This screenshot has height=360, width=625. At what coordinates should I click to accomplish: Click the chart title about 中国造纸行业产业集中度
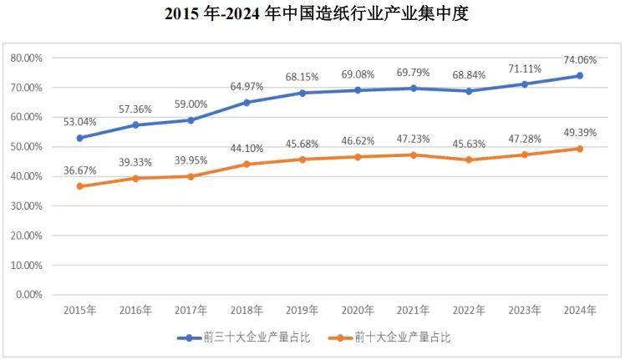(x=312, y=13)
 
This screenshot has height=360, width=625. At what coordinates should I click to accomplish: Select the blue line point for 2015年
(x=80, y=138)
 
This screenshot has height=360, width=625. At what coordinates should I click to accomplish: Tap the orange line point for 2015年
(x=80, y=186)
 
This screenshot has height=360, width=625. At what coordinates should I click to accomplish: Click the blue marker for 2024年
(x=579, y=76)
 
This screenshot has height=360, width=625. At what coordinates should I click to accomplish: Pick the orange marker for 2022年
(x=469, y=160)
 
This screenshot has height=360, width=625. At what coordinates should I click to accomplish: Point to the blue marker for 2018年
(x=246, y=103)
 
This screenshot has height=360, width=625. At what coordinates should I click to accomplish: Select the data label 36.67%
(x=80, y=170)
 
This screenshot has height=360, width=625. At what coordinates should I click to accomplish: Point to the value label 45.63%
(x=470, y=143)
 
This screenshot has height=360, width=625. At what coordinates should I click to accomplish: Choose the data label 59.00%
(x=191, y=104)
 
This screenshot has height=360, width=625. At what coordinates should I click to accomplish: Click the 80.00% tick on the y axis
(x=27, y=58)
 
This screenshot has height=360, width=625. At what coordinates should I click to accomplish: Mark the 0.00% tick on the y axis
(x=29, y=295)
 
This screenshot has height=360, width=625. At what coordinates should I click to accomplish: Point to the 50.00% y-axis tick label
(x=27, y=147)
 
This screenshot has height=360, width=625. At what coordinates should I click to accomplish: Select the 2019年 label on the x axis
(x=302, y=310)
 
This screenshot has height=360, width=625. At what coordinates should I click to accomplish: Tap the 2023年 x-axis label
(x=524, y=310)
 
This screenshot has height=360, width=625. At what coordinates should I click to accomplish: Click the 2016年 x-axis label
(x=135, y=310)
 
